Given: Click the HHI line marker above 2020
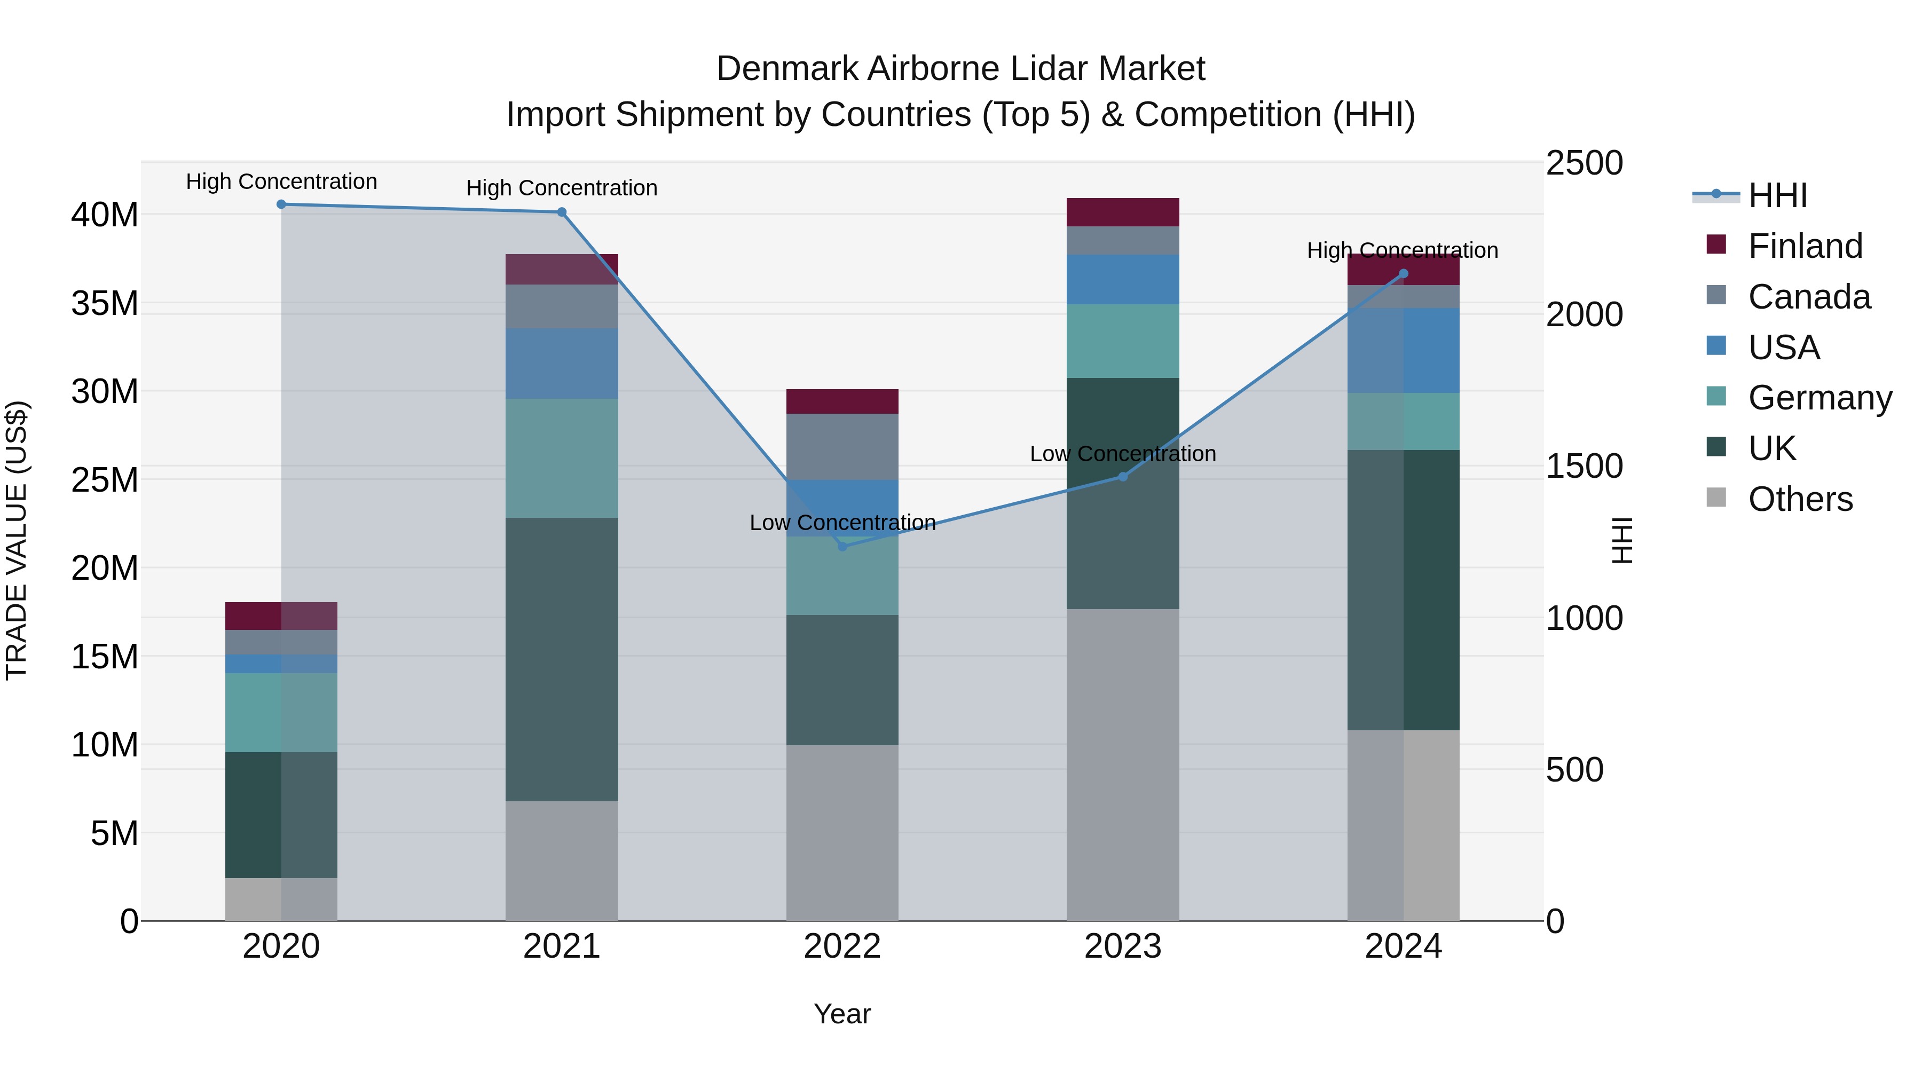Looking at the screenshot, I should [281, 204].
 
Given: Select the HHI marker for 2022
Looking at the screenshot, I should [842, 546].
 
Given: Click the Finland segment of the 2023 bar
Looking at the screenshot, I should [1122, 212].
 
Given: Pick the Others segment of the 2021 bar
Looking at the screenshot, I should [561, 860].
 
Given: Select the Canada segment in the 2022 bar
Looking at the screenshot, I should [842, 446].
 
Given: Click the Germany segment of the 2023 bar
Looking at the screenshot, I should [1122, 341].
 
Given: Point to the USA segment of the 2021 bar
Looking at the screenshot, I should [561, 364].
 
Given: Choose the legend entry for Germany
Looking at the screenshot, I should [1819, 398].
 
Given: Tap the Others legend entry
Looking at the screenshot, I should [1800, 499].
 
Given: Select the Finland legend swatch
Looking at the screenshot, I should [1716, 244].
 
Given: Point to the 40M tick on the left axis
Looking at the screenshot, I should [105, 215].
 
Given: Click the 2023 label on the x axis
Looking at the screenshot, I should [1122, 946].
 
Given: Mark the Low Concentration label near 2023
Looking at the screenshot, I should [1122, 454].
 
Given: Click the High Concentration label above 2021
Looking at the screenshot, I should [561, 188].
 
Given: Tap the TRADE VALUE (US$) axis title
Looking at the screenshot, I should [17, 540].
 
